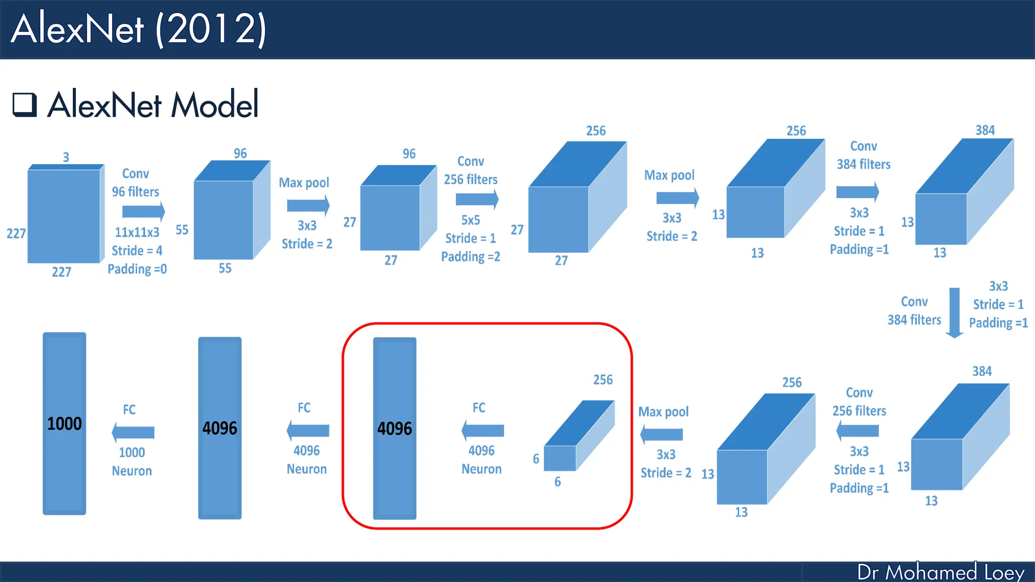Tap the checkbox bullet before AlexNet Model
coord(24,105)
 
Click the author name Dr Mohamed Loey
coord(940,572)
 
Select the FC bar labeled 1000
coord(64,423)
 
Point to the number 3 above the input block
coord(66,157)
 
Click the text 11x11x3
coord(137,232)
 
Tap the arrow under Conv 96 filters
coord(144,212)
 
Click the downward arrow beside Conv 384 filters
coord(954,312)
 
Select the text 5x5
coord(471,220)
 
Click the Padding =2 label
coord(471,257)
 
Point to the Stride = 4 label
coord(137,251)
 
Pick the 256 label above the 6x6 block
coord(602,380)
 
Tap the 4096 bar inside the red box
coord(395,428)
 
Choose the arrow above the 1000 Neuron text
coord(133,432)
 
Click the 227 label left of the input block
coord(16,233)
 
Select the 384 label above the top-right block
coord(985,130)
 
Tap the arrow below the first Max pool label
coord(308,206)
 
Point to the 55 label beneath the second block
coord(225,268)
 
